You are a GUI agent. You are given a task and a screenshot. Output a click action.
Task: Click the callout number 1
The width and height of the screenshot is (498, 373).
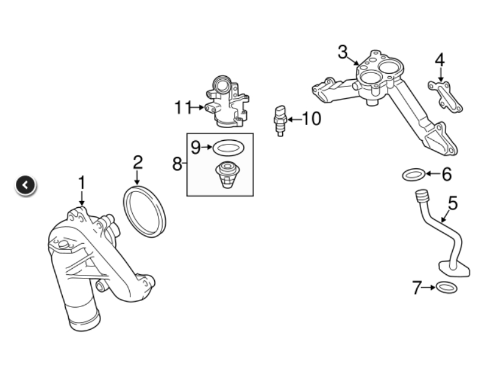82,183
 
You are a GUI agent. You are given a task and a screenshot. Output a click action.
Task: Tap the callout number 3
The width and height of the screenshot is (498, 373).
343,52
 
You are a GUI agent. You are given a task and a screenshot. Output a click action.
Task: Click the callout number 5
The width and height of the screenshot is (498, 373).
453,203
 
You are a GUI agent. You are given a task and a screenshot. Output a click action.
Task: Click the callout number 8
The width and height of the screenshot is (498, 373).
177,164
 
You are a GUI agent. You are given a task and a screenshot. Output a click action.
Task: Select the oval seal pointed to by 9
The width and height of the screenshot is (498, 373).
215,148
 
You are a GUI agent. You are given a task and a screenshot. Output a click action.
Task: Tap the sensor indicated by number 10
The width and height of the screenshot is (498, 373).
280,121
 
